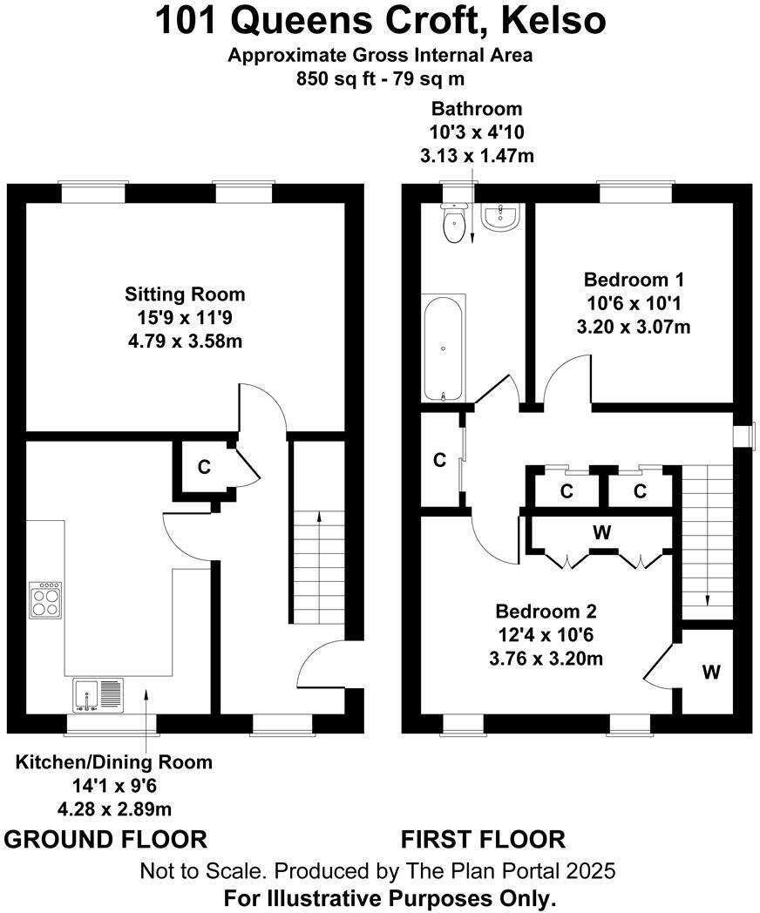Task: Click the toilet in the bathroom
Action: coord(453,223)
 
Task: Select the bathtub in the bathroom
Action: coord(444,348)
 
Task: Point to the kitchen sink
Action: coord(98,695)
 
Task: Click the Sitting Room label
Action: coord(185,294)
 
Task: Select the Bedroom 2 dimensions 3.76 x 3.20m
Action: coord(546,659)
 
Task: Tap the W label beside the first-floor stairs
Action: coord(711,672)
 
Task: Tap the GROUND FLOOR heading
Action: coord(105,840)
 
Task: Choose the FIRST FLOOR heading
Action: coord(484,840)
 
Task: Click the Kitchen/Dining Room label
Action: coord(114,762)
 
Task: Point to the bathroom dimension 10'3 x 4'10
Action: coord(477,132)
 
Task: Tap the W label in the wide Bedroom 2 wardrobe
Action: coord(602,531)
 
